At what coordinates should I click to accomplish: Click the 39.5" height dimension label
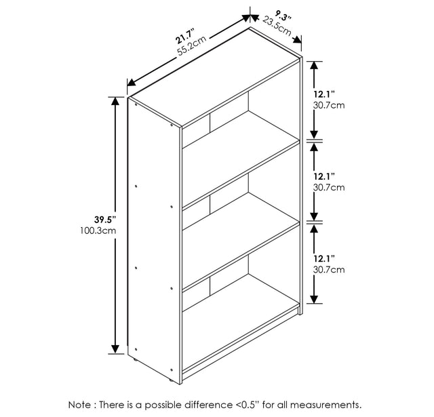tap(104, 220)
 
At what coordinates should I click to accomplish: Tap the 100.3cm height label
tap(98, 231)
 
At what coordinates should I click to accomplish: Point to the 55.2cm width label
tap(192, 46)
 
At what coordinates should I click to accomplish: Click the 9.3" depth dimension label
tap(283, 16)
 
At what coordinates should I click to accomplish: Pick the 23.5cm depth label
tap(277, 26)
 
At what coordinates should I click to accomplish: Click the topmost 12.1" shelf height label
tap(324, 94)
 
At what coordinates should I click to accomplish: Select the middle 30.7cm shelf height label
tap(329, 187)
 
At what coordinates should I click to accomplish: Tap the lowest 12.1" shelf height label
tap(324, 259)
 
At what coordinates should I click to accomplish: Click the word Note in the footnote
tap(79, 405)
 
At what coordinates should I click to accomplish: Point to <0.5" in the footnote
tap(248, 405)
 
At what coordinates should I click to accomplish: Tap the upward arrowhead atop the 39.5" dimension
tap(115, 101)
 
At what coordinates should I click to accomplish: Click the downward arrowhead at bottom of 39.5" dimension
tap(115, 349)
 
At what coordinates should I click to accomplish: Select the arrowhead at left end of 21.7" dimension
tap(132, 83)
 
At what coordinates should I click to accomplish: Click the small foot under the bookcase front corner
tap(172, 381)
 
